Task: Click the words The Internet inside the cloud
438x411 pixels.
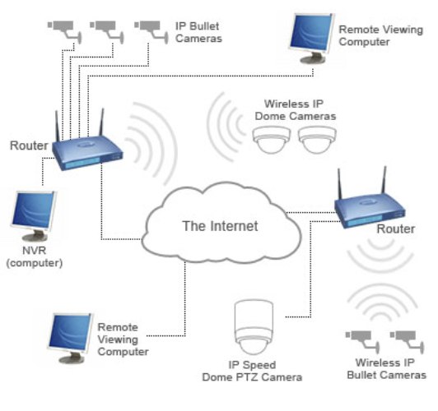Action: [x=220, y=226]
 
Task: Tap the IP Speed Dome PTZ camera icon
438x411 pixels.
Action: [x=254, y=327]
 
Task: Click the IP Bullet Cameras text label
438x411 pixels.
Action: [x=198, y=32]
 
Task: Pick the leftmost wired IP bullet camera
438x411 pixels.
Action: [x=64, y=31]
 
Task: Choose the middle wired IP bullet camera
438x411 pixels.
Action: [x=107, y=31]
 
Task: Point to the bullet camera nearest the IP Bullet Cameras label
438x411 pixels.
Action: [x=151, y=31]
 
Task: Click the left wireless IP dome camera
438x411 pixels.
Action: [x=271, y=140]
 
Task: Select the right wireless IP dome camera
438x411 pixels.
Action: [x=317, y=140]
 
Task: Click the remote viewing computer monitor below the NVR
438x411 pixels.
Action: [x=71, y=338]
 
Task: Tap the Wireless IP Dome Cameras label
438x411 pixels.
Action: [x=296, y=110]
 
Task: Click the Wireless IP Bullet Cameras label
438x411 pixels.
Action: [x=387, y=369]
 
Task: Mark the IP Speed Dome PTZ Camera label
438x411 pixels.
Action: [x=252, y=371]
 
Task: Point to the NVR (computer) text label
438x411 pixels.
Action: [x=35, y=256]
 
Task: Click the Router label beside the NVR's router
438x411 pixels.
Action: [x=29, y=145]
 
